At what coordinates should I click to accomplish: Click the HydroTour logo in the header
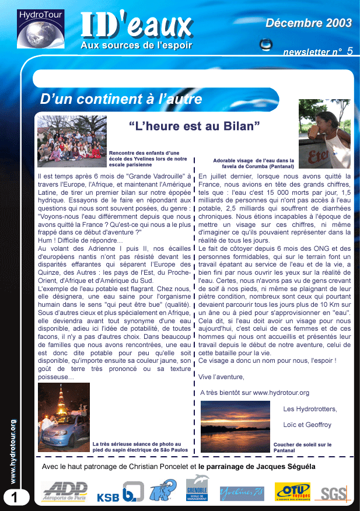tap(41, 29)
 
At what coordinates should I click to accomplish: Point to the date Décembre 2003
tap(309, 23)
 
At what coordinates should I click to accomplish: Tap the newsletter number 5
tap(349, 51)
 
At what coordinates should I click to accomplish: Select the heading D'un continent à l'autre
tap(121, 99)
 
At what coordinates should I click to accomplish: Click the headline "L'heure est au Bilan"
tap(194, 125)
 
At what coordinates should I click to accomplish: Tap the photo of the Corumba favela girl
tap(324, 134)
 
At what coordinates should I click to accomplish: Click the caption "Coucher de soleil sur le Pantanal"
tap(302, 447)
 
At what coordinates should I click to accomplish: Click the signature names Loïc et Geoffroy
tap(307, 425)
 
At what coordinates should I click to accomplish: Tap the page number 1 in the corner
tap(13, 497)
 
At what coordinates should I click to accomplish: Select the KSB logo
tap(108, 497)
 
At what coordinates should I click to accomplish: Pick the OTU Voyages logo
tap(292, 491)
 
